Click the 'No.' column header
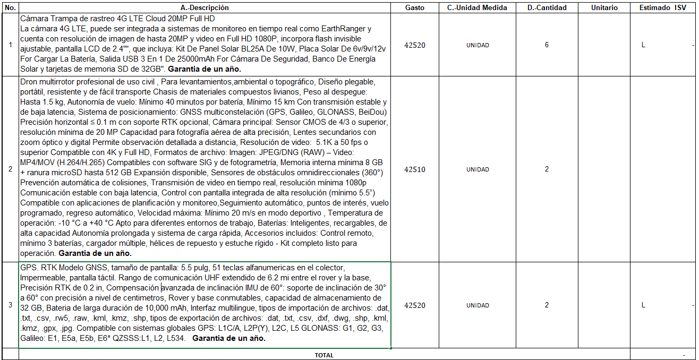10,8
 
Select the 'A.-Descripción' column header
204,8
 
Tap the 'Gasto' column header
414,8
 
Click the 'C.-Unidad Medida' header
477,8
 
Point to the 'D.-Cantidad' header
547,8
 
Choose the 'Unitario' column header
604,8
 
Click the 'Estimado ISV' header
662,8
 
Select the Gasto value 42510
414,170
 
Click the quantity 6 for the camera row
547,45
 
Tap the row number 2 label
10,170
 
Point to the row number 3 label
10,305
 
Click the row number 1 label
10,45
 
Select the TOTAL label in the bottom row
324,355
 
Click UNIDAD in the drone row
478,170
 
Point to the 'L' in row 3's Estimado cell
643,305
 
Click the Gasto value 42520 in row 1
414,45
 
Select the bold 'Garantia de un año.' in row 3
229,338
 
